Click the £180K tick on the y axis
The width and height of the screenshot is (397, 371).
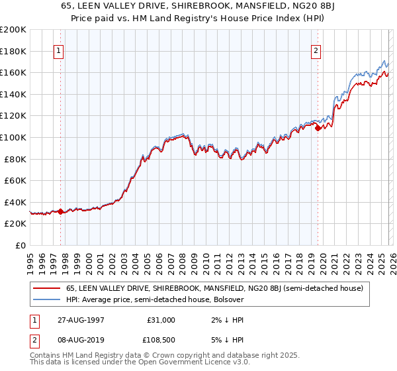click(13, 51)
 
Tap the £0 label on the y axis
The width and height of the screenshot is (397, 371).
click(21, 245)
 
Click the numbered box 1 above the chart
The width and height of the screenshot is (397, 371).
click(59, 50)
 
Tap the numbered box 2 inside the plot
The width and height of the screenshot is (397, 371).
click(316, 50)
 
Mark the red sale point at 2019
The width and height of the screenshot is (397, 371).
click(318, 129)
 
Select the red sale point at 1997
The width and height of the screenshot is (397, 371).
click(61, 212)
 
